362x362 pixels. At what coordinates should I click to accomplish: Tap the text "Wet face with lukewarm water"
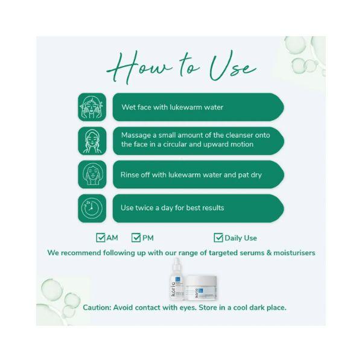[172, 107]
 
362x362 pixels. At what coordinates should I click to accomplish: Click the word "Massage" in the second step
[138, 135]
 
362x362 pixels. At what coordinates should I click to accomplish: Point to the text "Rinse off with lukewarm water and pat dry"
[191, 175]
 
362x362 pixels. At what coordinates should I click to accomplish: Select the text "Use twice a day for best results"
[173, 208]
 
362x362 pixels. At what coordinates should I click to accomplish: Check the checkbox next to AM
[100, 238]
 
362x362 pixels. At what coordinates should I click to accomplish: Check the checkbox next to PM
[136, 238]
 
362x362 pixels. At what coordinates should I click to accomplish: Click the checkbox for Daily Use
[218, 238]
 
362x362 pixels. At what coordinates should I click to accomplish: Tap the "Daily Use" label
[241, 238]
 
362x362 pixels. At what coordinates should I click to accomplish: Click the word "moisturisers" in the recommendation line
[291, 253]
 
